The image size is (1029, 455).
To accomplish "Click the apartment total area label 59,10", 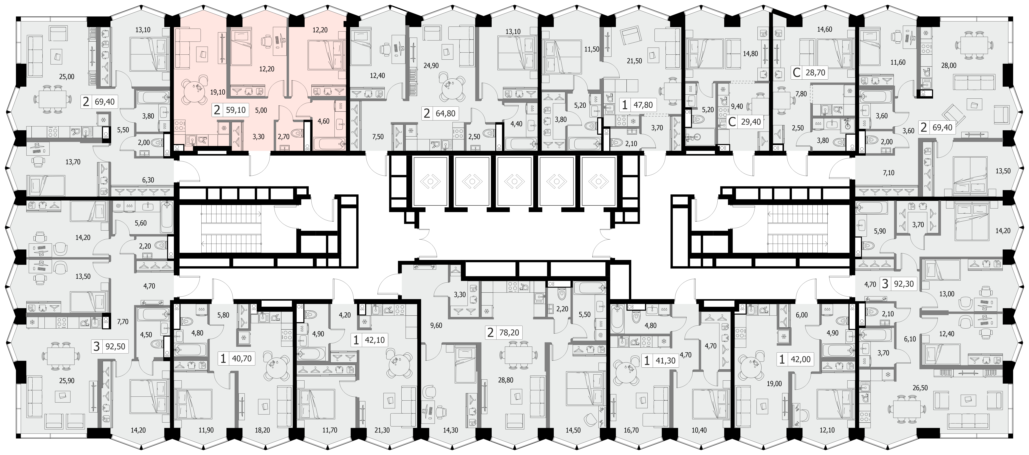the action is [x=236, y=110].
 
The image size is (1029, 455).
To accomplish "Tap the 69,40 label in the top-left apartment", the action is [x=105, y=102].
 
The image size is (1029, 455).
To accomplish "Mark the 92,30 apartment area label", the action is [x=904, y=284].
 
